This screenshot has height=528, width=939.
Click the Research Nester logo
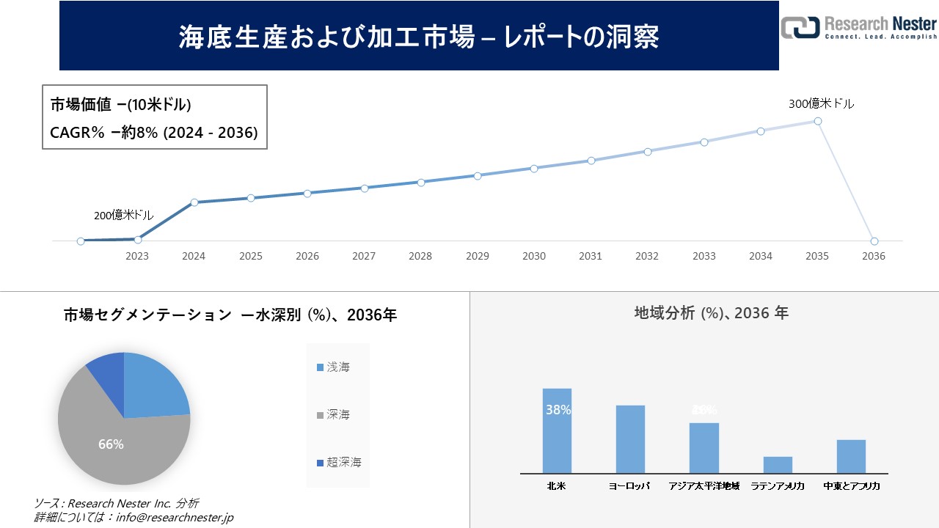(x=858, y=26)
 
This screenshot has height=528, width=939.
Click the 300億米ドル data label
(x=821, y=104)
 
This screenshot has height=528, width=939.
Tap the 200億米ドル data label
(x=123, y=216)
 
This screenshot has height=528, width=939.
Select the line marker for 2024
(x=194, y=202)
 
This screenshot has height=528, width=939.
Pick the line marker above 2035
(x=817, y=121)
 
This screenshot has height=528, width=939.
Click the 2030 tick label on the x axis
(x=534, y=256)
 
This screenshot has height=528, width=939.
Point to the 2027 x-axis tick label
(x=364, y=256)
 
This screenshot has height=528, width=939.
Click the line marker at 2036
(x=874, y=241)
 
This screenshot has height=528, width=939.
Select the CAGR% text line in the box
(x=153, y=133)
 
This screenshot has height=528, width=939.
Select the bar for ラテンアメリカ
(x=778, y=465)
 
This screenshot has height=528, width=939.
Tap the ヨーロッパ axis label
(x=629, y=486)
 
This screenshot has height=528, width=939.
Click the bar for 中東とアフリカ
(x=851, y=456)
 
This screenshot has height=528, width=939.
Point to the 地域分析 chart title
(x=711, y=313)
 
